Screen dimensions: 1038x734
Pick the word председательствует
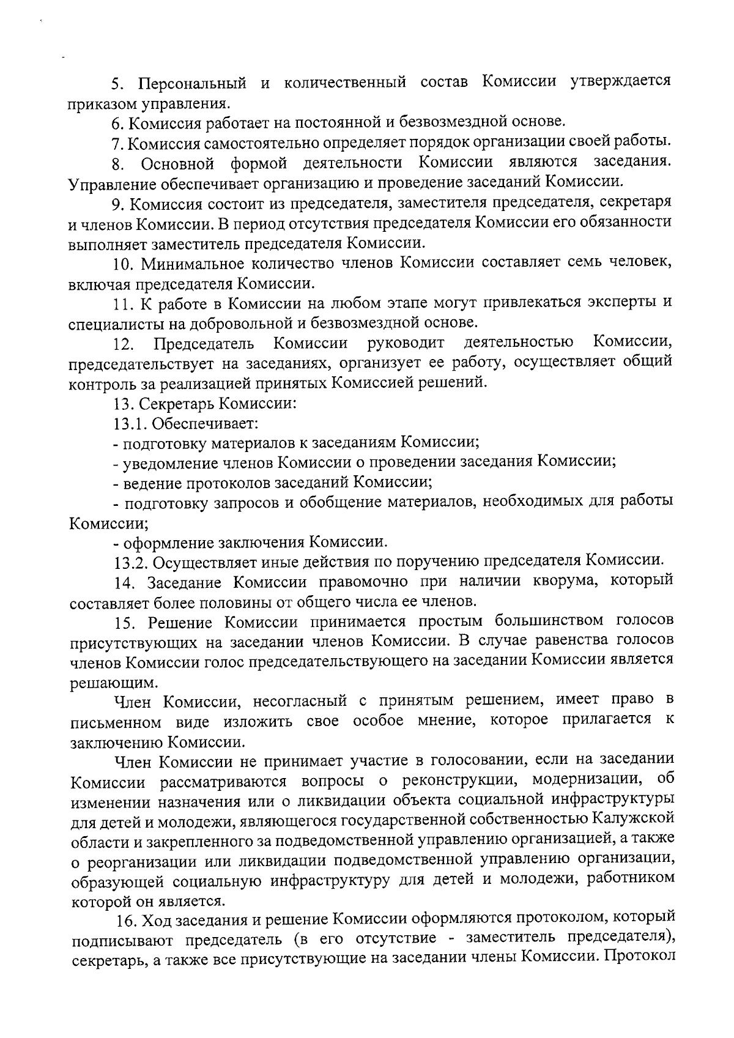coord(141,363)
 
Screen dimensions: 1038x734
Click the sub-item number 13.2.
coord(130,561)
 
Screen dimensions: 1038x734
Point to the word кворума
coord(557,580)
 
